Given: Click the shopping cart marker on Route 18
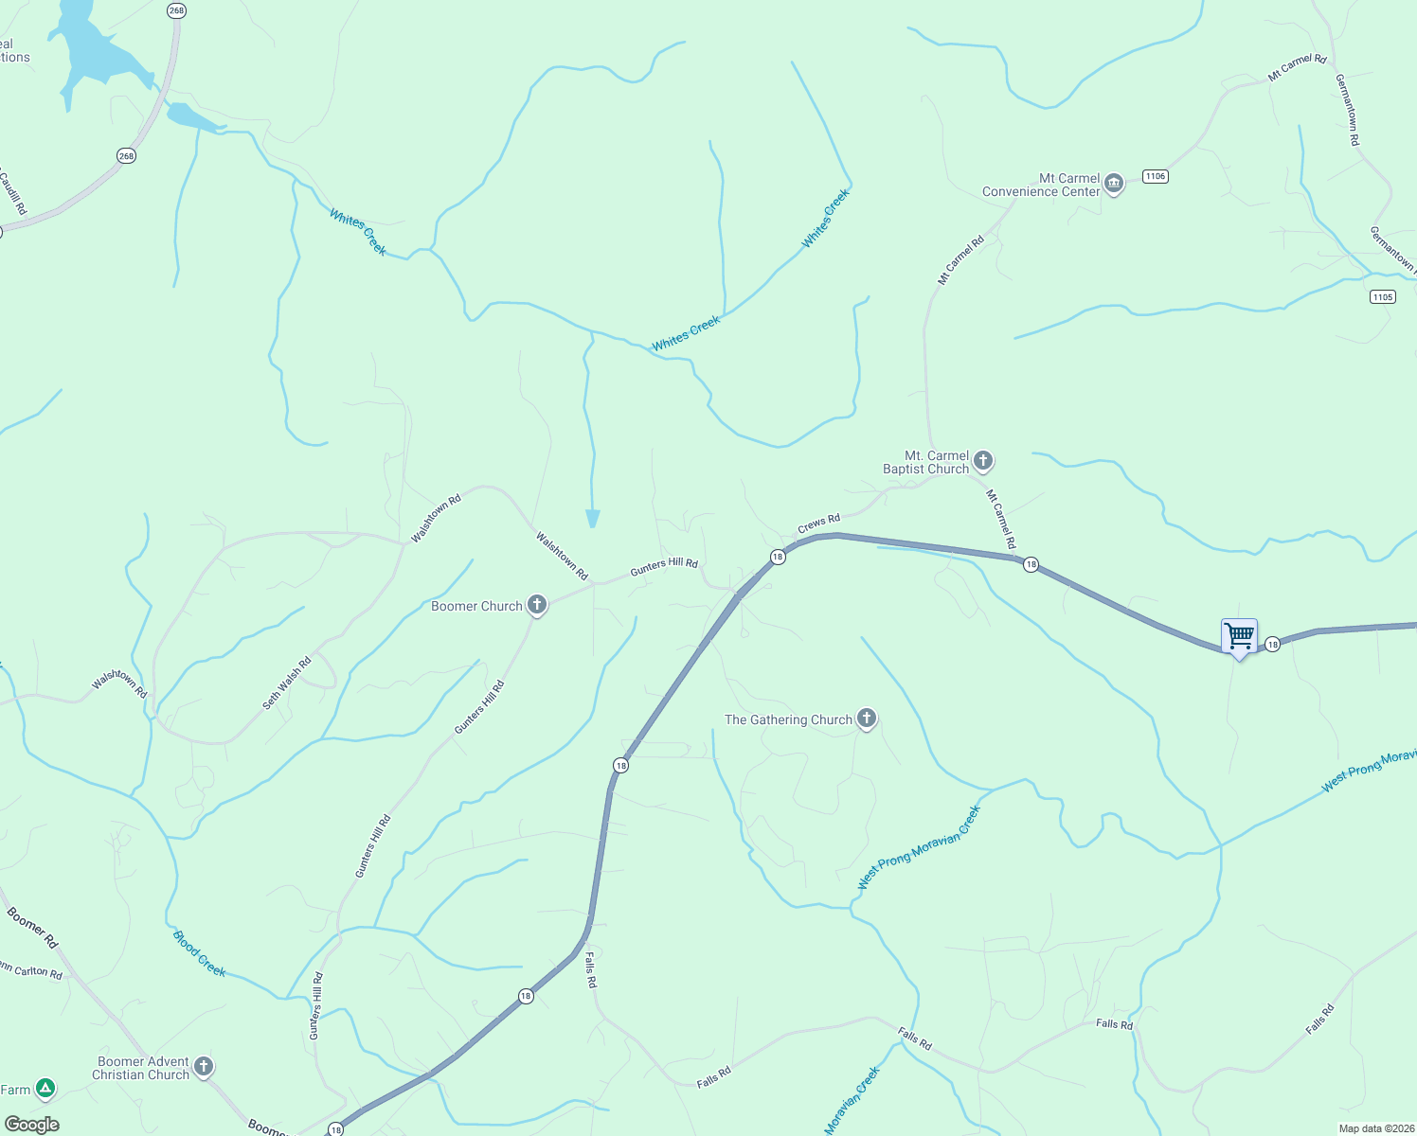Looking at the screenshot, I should tap(1239, 636).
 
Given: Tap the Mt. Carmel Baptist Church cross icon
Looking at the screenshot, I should tap(983, 461).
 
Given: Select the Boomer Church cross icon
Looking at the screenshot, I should tap(537, 605).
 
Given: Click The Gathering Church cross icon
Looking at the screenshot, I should tap(866, 719).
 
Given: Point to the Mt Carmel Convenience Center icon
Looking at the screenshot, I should tap(1114, 183).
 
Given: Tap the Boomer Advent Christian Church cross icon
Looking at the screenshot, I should tap(203, 1067).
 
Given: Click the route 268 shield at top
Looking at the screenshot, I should tap(176, 10).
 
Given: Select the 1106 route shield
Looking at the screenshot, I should tap(1155, 176).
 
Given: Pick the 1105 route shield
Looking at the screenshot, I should tap(1382, 296).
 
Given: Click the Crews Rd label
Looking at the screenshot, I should tap(818, 523).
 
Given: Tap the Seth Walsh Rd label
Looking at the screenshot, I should tap(287, 683).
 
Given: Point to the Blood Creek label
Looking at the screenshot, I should tap(199, 953).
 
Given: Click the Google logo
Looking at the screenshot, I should tap(32, 1125).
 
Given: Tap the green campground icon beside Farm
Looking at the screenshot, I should tap(45, 1089).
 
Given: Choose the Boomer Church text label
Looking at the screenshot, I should tap(476, 606).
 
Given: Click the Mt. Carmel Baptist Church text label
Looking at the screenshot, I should tap(925, 462).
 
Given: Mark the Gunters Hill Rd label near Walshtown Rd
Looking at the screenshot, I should tap(664, 565).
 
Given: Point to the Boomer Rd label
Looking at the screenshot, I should tap(33, 928).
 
